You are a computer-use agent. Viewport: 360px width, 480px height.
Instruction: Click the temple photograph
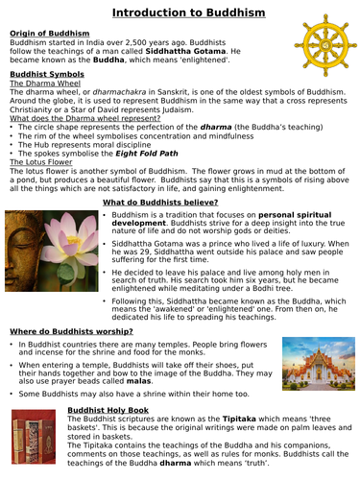316,366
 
